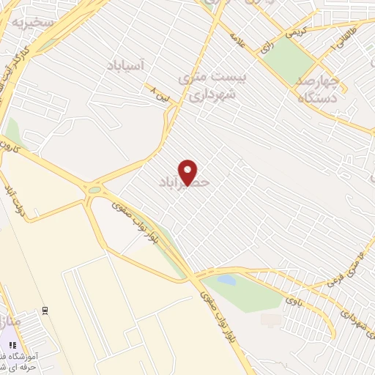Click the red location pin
(188, 172)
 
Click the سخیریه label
(32, 22)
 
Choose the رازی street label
(266, 45)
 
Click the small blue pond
(226, 280)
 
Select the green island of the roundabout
(94, 190)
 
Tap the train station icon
(45, 311)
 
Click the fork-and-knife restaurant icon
(12, 345)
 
